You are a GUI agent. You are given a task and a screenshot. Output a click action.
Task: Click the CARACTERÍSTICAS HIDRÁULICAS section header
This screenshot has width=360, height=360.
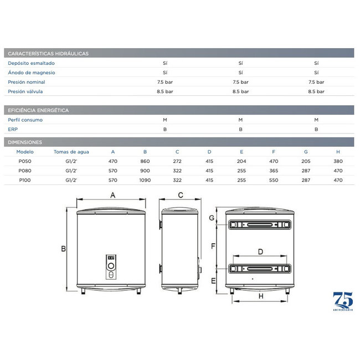pyautogui.click(x=48, y=54)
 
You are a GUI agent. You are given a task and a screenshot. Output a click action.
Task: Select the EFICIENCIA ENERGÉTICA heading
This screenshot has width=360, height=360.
pyautogui.click(x=38, y=110)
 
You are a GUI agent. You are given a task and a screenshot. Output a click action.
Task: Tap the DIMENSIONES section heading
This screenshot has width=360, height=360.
pyautogui.click(x=25, y=142)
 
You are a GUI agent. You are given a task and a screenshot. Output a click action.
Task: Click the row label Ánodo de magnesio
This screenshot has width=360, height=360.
pyautogui.click(x=32, y=73)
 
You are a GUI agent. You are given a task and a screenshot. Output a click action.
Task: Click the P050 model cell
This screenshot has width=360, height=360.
pyautogui.click(x=25, y=161)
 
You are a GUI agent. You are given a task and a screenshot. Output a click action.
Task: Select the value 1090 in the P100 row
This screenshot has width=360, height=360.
pyautogui.click(x=145, y=180)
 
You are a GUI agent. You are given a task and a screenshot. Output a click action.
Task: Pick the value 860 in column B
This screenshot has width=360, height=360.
pyautogui.click(x=145, y=161)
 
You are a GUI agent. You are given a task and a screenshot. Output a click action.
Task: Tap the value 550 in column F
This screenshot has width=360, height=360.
pyautogui.click(x=274, y=180)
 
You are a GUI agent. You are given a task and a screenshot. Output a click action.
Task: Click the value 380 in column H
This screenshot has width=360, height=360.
pyautogui.click(x=338, y=161)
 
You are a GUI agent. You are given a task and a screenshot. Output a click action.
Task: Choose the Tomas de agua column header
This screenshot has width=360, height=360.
pyautogui.click(x=71, y=152)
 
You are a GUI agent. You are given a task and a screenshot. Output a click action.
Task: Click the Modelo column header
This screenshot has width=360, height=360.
pyautogui.click(x=25, y=152)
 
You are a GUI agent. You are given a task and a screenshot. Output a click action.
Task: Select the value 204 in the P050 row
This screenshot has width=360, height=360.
pyautogui.click(x=241, y=161)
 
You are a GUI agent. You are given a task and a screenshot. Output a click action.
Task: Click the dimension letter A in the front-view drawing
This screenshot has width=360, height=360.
pyautogui.click(x=113, y=195)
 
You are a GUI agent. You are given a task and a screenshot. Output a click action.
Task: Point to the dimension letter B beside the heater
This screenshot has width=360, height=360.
pyautogui.click(x=63, y=248)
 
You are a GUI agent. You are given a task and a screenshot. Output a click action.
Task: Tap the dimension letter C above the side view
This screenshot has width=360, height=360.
pyautogui.click(x=181, y=195)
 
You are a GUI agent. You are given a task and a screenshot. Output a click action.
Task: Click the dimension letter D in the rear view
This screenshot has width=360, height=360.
pyautogui.click(x=260, y=253)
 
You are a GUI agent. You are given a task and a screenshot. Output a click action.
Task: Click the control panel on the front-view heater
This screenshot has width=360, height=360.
pyautogui.click(x=111, y=267)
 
